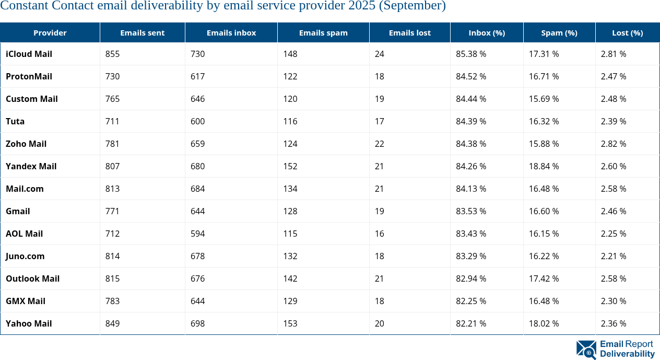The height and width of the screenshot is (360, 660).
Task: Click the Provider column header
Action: [50, 32]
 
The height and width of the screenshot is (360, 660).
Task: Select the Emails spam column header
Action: [323, 32]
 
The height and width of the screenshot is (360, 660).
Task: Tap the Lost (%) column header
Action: [627, 32]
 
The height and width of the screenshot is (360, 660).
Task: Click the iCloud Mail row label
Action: [29, 54]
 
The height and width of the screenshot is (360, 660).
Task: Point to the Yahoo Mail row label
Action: [29, 323]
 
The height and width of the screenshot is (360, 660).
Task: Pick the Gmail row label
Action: [18, 211]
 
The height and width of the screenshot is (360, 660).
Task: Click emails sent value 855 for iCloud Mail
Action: [113, 54]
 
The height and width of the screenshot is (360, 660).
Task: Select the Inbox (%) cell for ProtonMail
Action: [471, 76]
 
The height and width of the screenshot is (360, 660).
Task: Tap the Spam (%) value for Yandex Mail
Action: [544, 166]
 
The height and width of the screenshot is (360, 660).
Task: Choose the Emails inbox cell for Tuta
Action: [198, 121]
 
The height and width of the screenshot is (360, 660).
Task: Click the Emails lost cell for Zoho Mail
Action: [380, 144]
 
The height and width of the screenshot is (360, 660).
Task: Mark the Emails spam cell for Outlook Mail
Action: [290, 278]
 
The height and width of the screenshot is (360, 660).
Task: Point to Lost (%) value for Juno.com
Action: [613, 256]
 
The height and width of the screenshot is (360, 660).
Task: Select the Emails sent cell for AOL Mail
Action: [113, 234]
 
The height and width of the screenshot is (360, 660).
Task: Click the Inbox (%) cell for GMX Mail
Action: [471, 301]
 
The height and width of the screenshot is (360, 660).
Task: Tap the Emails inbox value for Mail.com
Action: [198, 189]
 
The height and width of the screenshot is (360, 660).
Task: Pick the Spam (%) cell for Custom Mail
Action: [544, 99]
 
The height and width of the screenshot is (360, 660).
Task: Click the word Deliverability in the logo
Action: [627, 354]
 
